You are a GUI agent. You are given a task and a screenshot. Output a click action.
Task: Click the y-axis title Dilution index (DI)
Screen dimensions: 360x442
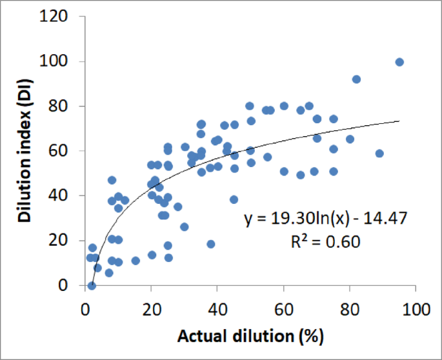(25, 152)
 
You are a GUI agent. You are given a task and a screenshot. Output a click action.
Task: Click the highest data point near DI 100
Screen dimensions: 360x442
(399, 62)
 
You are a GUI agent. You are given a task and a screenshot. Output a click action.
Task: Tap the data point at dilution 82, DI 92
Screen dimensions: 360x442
(356, 79)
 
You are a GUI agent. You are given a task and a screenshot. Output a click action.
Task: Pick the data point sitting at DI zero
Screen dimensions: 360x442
(92, 285)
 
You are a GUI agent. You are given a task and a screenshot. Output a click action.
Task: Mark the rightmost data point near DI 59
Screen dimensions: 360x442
(379, 154)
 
